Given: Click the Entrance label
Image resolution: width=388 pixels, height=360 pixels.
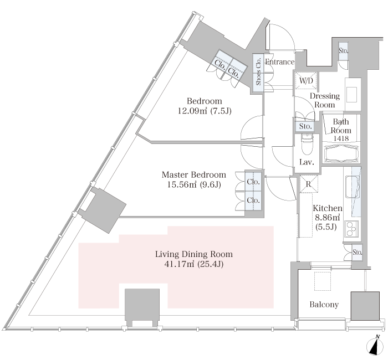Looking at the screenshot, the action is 279,62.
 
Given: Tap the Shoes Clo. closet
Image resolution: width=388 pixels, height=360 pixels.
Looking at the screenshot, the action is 258,73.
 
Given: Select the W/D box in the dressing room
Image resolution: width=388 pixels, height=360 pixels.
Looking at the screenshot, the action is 307,81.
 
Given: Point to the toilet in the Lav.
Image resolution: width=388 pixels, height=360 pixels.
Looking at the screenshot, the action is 307,144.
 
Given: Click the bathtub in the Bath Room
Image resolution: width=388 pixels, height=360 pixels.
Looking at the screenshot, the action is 341,154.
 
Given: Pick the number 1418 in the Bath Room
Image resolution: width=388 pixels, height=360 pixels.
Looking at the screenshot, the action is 341,138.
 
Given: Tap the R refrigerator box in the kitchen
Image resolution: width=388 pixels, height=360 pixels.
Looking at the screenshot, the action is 309,184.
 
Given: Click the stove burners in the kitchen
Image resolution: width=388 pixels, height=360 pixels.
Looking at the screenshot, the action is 351,229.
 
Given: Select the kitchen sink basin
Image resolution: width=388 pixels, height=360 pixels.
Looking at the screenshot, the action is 351,187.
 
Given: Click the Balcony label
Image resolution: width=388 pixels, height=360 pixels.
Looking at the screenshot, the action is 324,305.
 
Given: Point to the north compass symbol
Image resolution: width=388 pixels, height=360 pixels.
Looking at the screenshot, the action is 374,346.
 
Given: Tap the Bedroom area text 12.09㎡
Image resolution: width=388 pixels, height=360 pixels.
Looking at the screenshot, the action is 192,111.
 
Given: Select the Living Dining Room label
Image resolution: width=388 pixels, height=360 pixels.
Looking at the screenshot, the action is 194,254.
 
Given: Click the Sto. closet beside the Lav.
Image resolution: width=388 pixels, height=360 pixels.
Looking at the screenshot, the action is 305,126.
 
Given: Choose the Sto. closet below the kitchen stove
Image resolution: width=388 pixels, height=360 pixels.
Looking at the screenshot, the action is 357,252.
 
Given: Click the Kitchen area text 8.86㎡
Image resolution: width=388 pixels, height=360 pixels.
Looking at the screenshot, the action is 327,217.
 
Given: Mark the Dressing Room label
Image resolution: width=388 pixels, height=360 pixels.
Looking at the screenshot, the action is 325,100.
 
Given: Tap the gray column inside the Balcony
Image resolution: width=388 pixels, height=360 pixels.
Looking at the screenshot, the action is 365,306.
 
